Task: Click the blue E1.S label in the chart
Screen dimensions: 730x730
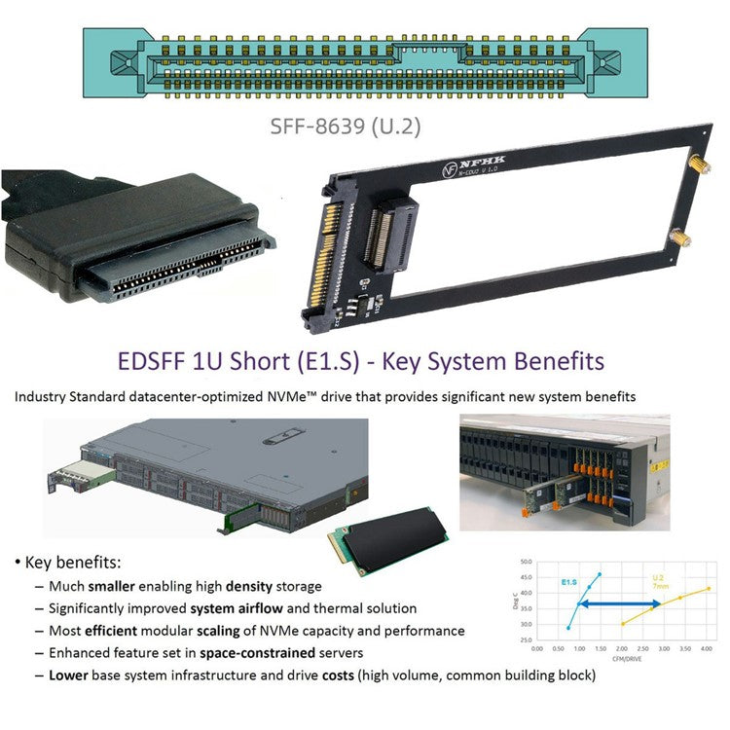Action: (x=569, y=581)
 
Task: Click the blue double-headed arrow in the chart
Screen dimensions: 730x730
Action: (x=617, y=603)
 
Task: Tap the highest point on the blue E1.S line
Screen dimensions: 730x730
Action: (x=600, y=573)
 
